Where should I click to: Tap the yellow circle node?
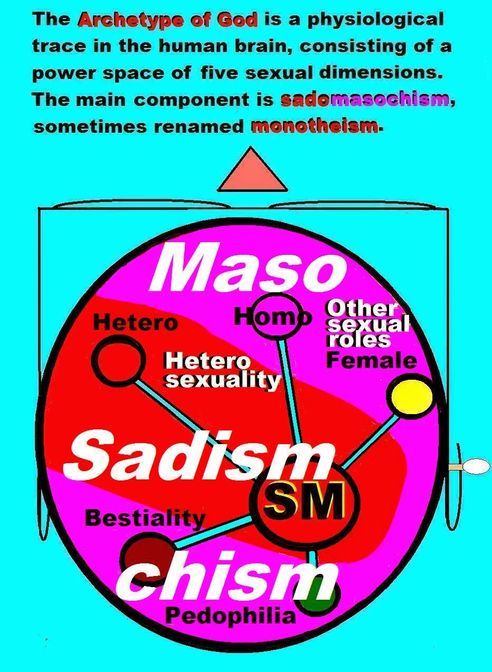coord(410,396)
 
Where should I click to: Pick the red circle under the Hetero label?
coord(118,360)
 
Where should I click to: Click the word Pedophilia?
coord(230,616)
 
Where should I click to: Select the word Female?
coord(371,361)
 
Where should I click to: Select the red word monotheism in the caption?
coord(315,127)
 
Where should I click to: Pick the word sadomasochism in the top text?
coord(365,100)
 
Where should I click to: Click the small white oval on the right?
coord(476,466)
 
